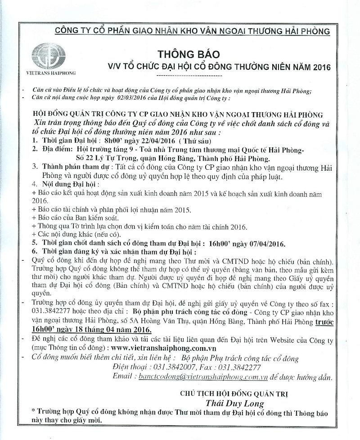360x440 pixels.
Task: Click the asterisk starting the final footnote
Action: point(33,413)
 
